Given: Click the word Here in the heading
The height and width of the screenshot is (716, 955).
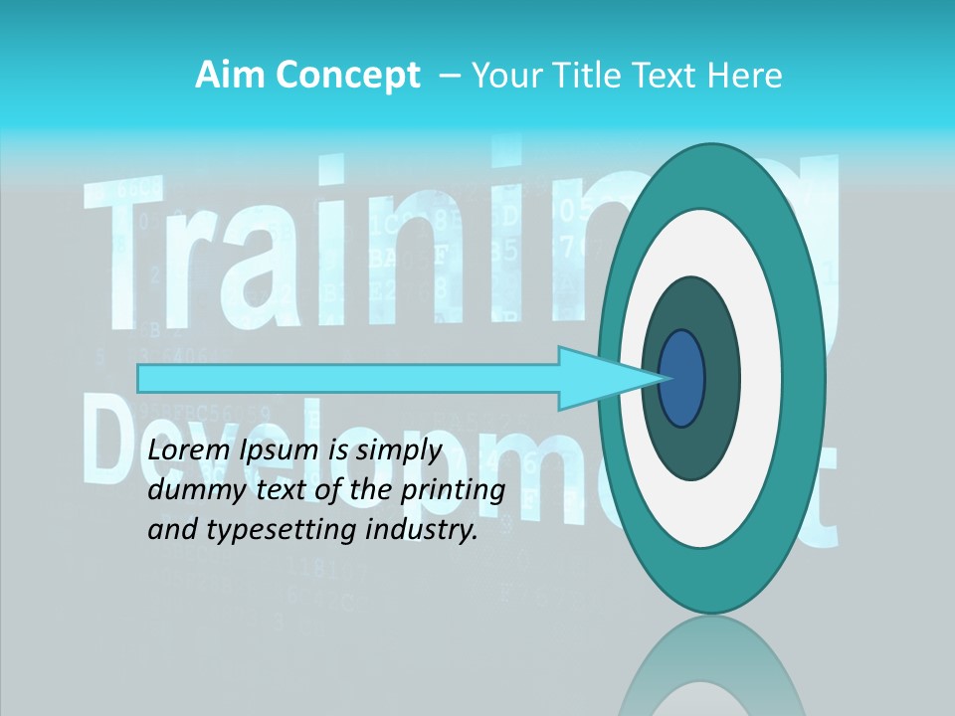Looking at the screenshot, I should coord(745,76).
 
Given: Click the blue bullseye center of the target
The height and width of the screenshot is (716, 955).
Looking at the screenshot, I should coord(682,378).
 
